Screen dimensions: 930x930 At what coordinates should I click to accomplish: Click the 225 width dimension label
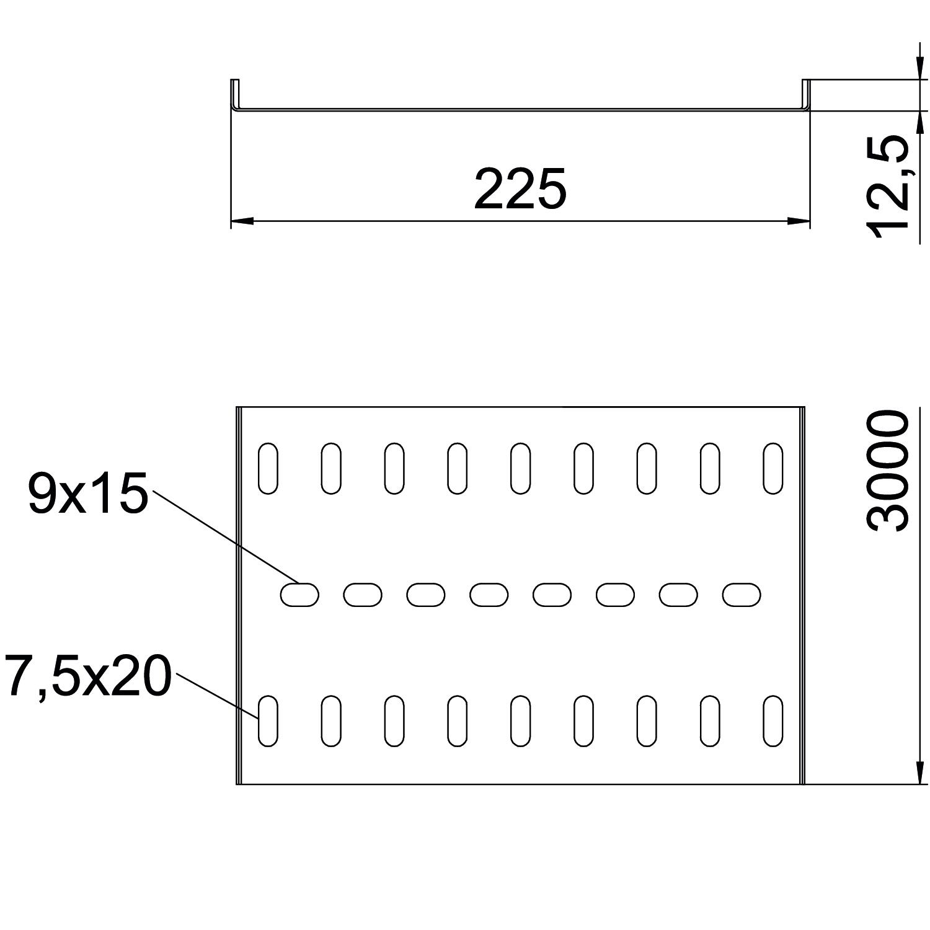point(520,188)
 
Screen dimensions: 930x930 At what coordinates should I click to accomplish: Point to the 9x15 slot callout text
point(87,494)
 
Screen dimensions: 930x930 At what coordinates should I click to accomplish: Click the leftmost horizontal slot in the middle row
point(299,595)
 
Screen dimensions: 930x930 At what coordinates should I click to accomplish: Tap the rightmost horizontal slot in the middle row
point(742,595)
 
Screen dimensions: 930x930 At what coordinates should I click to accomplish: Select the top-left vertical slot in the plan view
point(268,468)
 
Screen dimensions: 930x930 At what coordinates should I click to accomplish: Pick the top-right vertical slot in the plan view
point(773,468)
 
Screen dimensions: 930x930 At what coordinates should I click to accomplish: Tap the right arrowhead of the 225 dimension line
point(799,221)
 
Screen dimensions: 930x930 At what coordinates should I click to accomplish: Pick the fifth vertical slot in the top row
point(520,468)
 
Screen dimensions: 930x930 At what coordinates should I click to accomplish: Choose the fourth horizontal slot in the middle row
point(489,595)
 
